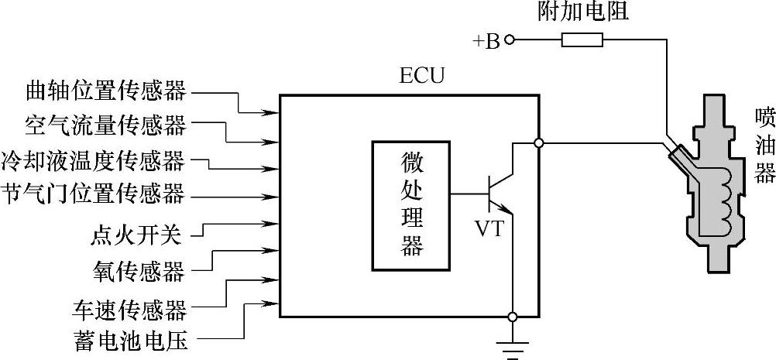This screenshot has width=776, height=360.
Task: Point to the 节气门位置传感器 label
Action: click(x=94, y=192)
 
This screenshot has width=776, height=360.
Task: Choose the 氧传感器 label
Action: click(x=138, y=271)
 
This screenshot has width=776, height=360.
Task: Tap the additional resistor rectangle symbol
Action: click(x=582, y=41)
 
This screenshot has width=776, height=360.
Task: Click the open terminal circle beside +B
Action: click(x=510, y=41)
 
